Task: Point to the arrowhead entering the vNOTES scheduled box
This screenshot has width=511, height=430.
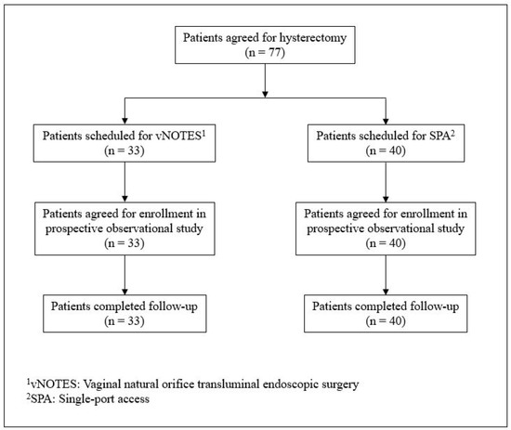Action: [x=124, y=115]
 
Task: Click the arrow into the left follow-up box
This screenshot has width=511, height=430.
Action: [x=124, y=265]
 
